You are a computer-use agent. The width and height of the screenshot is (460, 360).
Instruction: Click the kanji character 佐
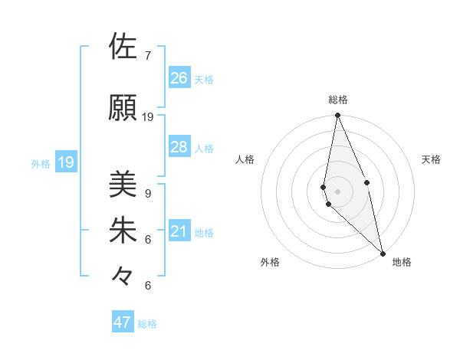123,47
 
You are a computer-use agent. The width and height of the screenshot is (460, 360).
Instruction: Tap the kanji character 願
123,107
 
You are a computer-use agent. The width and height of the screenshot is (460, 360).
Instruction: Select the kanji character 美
123,184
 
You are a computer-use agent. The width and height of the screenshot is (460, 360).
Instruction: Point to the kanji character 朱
123,230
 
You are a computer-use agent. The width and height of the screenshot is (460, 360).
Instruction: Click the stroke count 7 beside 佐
148,56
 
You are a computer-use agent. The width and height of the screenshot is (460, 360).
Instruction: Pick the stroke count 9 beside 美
148,194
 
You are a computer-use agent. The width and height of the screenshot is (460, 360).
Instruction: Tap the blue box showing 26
179,78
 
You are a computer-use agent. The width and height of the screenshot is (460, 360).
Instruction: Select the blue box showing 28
179,147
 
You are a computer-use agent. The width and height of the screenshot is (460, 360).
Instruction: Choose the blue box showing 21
179,231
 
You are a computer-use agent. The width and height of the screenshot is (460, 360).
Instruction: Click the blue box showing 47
123,322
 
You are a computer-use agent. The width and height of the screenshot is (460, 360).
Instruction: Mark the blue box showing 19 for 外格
65,162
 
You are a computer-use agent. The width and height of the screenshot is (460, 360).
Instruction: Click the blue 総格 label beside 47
148,324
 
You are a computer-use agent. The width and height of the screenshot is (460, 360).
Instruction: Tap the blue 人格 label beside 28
204,149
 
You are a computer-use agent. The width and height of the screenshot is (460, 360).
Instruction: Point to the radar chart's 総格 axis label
338,100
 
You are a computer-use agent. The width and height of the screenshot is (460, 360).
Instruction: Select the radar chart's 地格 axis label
402,262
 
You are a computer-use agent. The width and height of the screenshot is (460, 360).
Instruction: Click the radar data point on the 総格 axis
338,116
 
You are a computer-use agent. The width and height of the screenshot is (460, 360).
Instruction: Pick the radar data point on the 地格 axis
383,253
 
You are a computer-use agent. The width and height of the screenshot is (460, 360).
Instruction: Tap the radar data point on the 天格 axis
367,182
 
